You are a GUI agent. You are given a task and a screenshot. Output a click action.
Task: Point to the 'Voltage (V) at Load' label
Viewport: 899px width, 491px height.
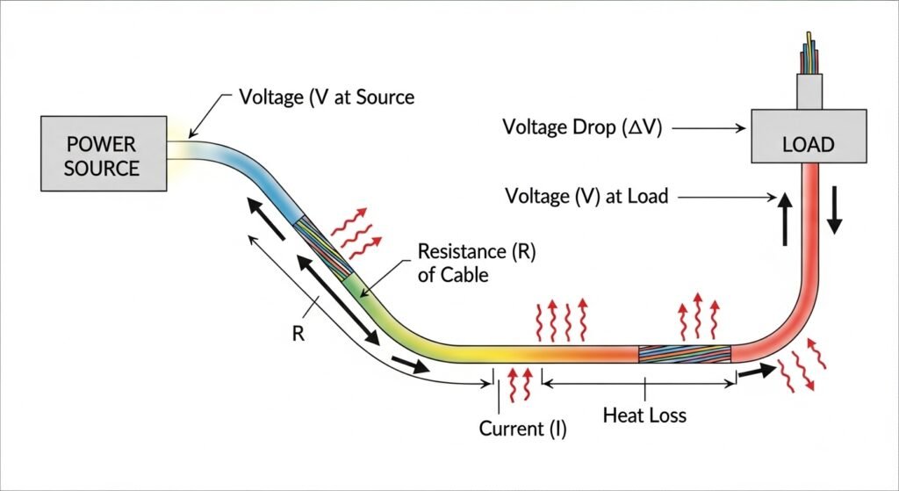(586, 196)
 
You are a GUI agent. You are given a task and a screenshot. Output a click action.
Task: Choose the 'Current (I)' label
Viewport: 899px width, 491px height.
(523, 430)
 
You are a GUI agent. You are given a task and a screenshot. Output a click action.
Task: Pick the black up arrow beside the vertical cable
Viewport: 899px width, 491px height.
(783, 220)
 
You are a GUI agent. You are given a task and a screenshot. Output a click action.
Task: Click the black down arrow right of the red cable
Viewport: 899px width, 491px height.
(833, 212)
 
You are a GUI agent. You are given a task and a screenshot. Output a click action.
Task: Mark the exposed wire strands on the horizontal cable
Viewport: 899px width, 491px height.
(684, 353)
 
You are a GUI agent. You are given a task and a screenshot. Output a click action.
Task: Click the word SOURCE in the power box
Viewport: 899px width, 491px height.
(101, 168)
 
